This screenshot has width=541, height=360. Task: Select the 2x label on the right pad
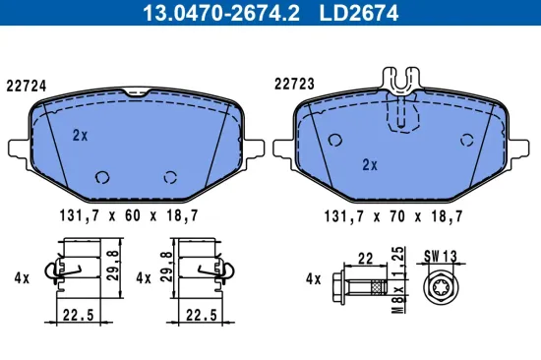[x=370, y=164]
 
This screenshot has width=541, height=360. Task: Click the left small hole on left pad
[x=101, y=177]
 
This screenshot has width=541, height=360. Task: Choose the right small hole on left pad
[x=170, y=177]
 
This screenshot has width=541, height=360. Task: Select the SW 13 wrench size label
[x=442, y=256]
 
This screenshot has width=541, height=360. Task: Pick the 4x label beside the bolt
[x=314, y=279]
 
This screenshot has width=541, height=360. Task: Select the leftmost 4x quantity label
[x=23, y=278]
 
